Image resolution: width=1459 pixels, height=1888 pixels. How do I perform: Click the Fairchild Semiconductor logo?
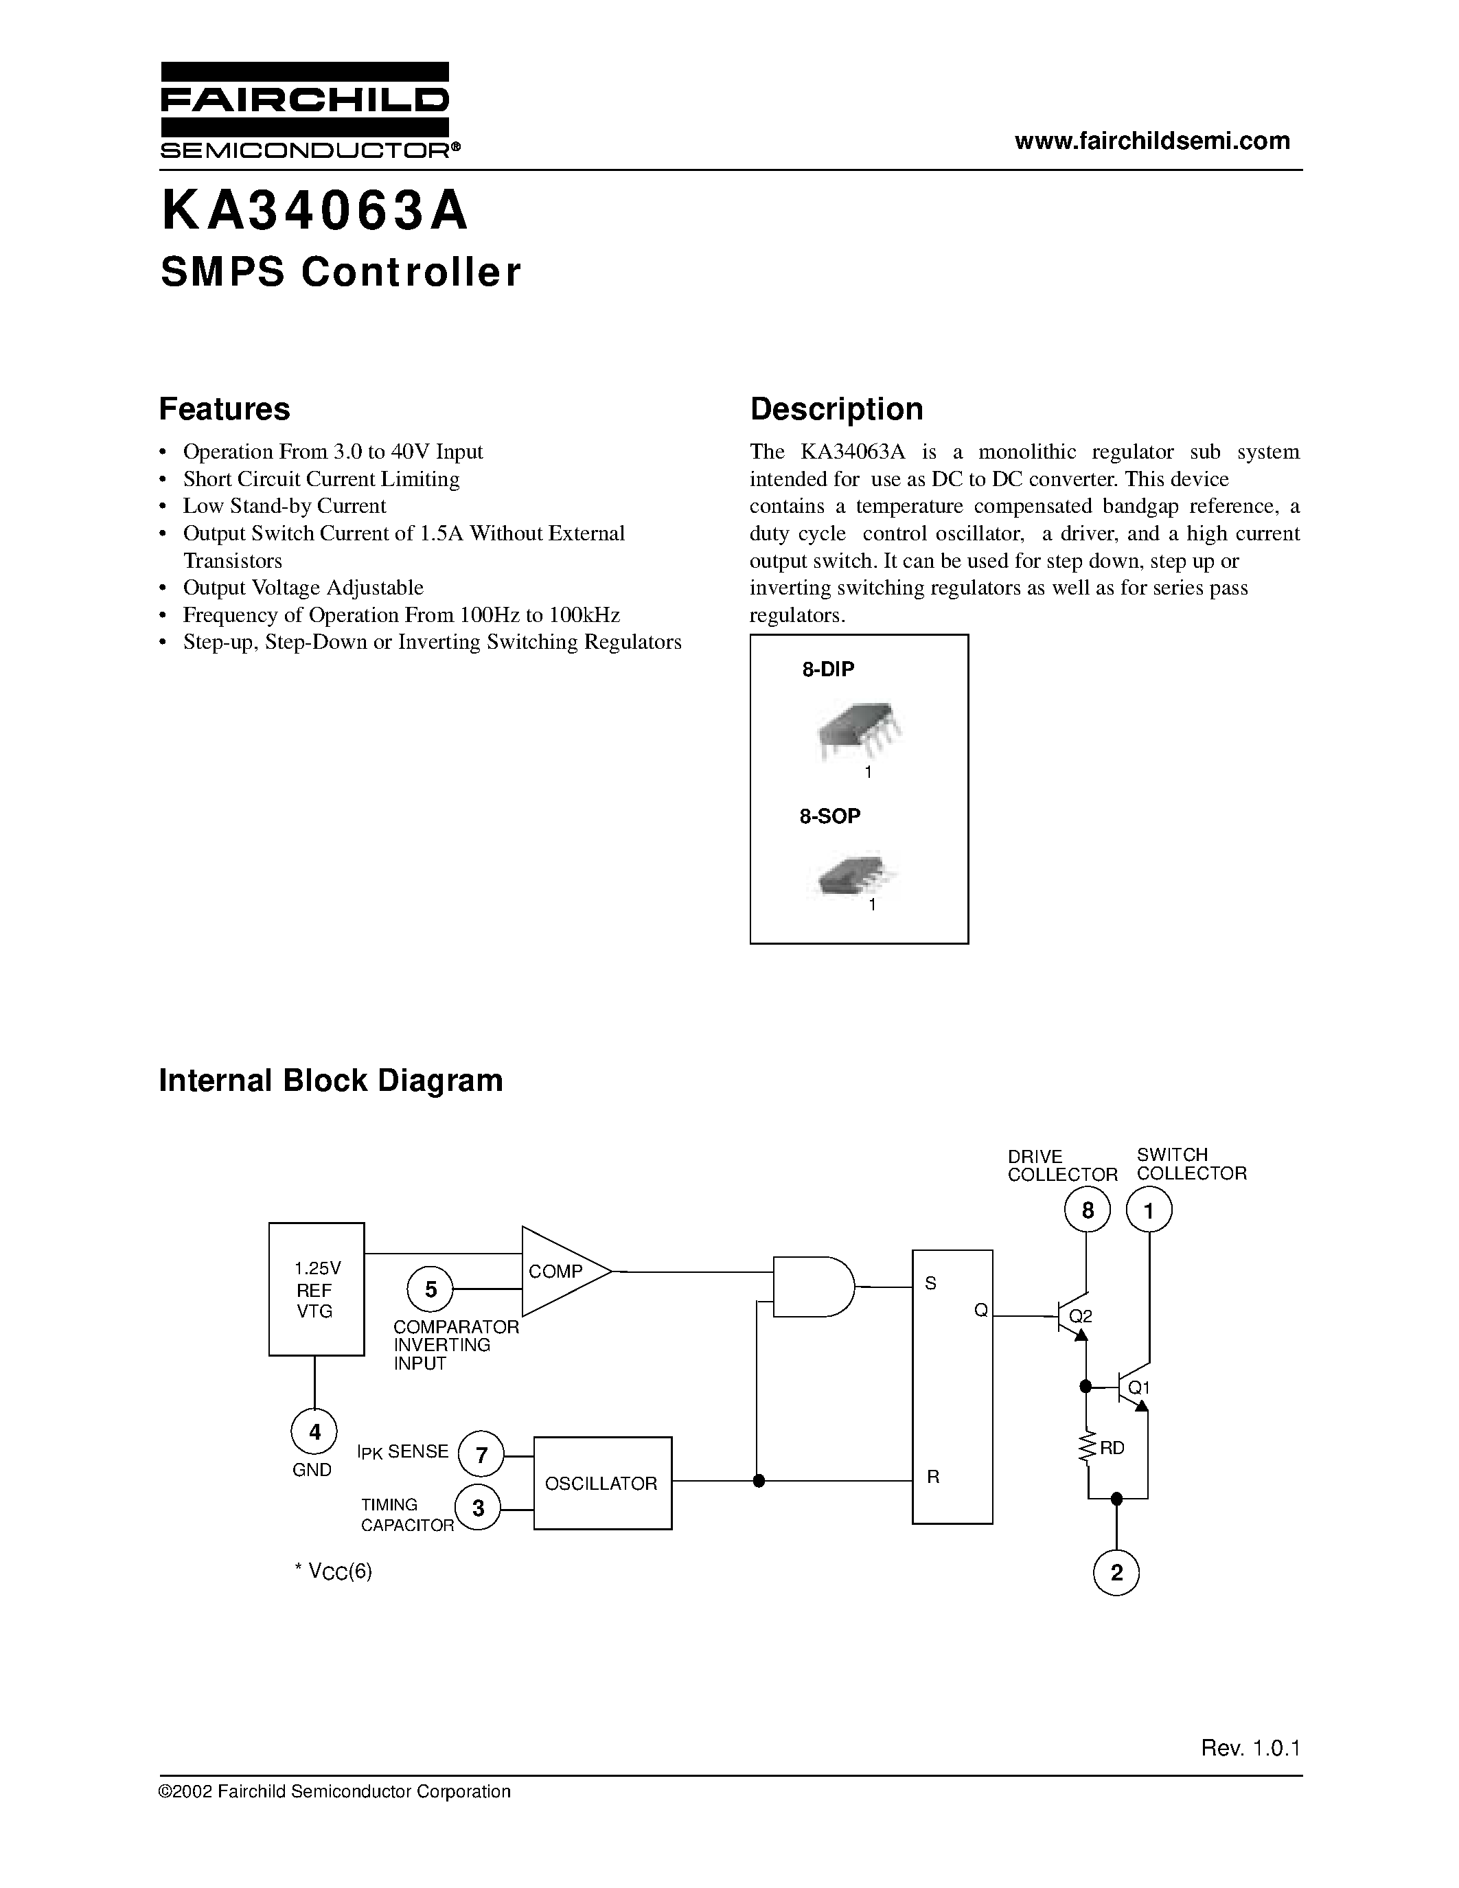tap(304, 111)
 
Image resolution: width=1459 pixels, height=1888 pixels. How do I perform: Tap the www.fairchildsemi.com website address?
tap(1151, 141)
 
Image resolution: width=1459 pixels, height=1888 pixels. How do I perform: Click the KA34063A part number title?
tap(314, 211)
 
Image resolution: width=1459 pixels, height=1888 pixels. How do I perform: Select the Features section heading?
tap(224, 409)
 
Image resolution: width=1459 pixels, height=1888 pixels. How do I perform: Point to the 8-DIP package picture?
tap(858, 731)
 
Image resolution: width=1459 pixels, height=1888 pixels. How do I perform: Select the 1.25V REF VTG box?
tap(317, 1289)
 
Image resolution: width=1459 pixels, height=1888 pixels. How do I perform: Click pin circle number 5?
tap(430, 1289)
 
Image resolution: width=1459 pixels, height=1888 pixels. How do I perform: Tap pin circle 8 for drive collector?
tap(1088, 1210)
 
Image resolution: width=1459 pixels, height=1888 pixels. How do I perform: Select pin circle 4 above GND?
tap(314, 1432)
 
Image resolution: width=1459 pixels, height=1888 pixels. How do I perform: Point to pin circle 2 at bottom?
tap(1116, 1572)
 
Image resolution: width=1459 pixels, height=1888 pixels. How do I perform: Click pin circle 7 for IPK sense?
tap(481, 1455)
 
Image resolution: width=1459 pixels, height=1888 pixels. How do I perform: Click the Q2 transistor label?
tap(1081, 1315)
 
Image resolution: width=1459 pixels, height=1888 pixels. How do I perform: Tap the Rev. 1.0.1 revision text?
tap(1250, 1748)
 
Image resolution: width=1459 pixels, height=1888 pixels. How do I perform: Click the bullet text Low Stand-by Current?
tap(284, 506)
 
